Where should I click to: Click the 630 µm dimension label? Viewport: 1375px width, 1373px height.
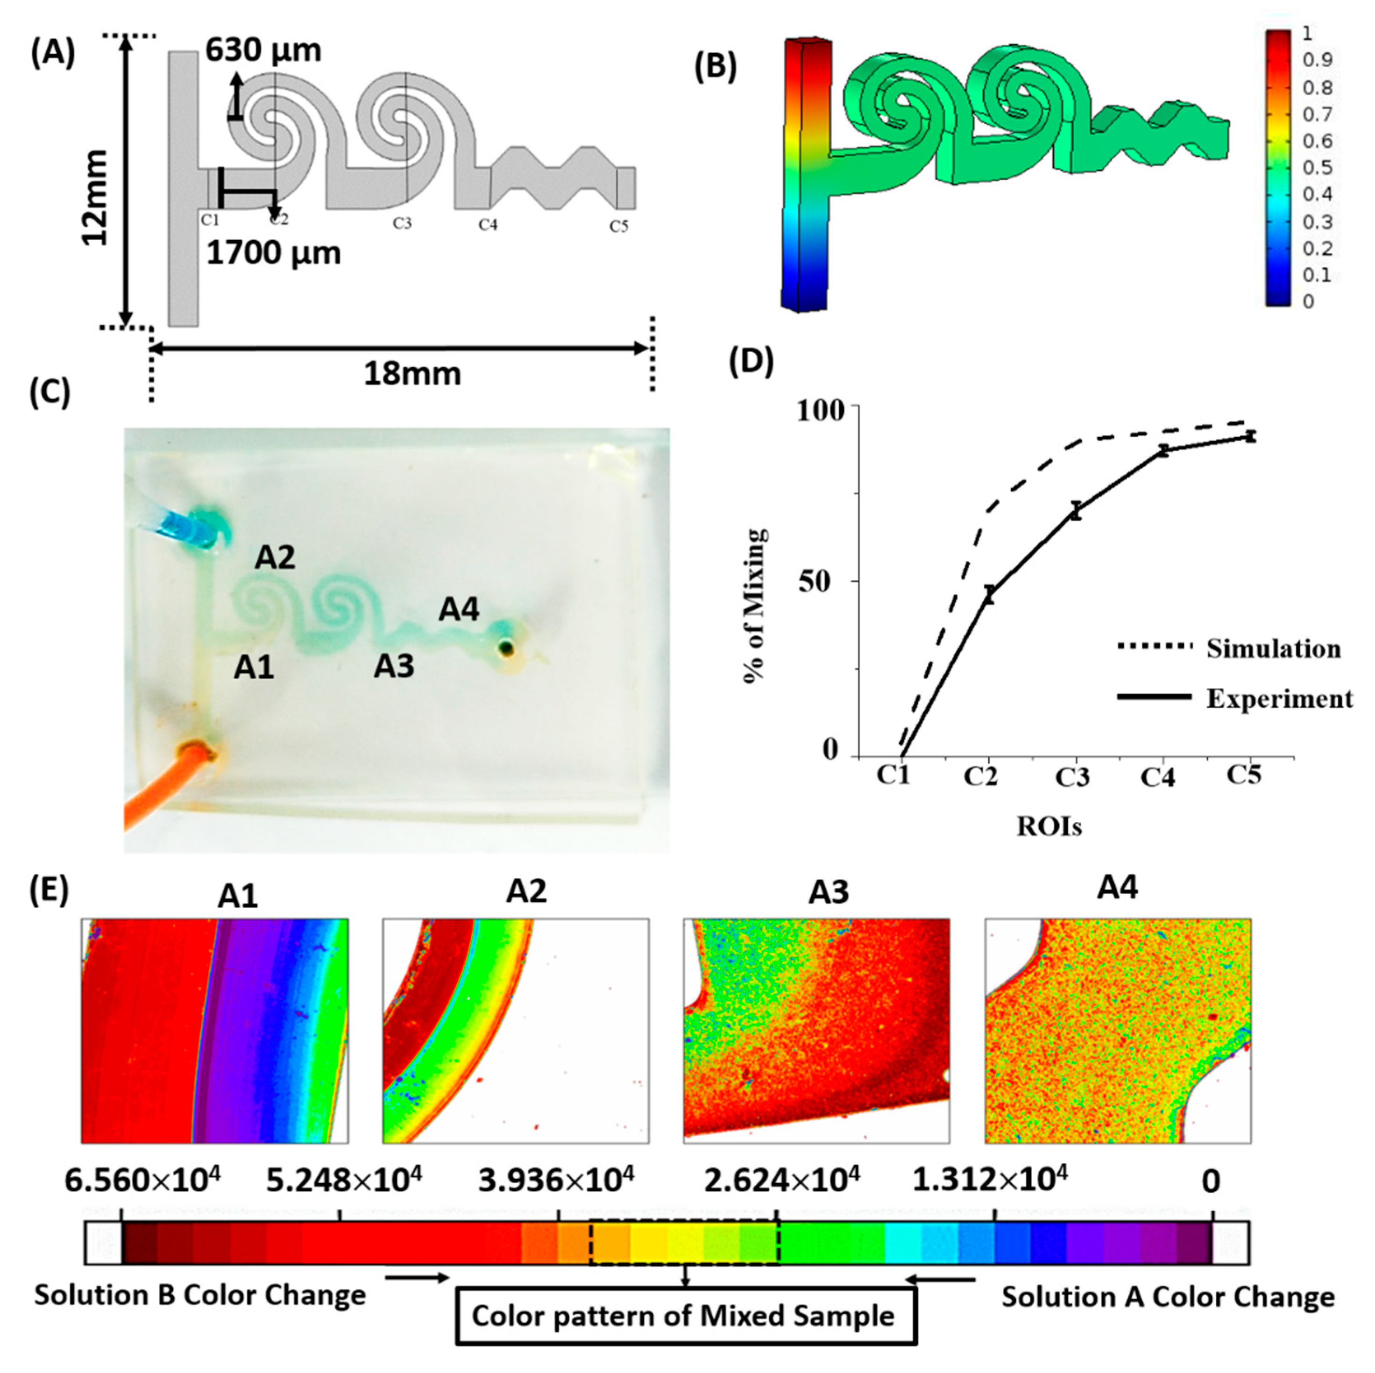[x=263, y=50]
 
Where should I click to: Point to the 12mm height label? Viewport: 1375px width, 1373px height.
[x=95, y=197]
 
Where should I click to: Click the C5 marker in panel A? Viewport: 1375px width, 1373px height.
[x=618, y=227]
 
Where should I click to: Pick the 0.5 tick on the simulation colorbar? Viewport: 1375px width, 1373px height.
[x=1316, y=167]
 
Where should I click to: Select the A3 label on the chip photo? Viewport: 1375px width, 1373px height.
[x=394, y=667]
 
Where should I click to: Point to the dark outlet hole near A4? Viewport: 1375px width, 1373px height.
[x=506, y=647]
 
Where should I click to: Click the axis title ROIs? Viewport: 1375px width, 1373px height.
[x=1049, y=826]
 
